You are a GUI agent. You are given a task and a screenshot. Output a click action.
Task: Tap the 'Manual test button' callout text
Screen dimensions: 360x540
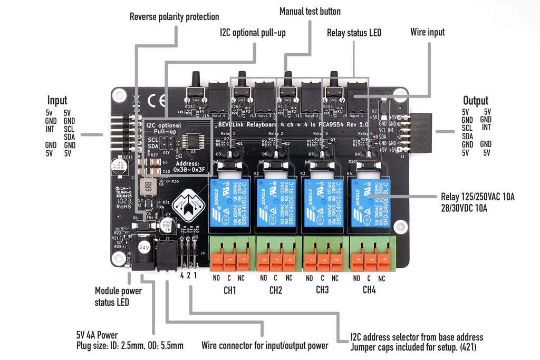[x=310, y=11]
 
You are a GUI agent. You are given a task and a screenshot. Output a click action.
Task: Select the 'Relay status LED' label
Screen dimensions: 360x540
[x=354, y=33]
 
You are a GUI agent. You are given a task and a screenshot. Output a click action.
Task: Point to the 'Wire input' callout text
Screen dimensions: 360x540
[x=427, y=32]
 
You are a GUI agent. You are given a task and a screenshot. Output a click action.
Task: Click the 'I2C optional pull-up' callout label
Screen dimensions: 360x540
[x=253, y=33]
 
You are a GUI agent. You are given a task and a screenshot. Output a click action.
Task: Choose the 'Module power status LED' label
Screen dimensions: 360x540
[x=118, y=296]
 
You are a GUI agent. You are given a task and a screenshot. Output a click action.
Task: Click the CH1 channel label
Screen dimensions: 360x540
[x=230, y=290]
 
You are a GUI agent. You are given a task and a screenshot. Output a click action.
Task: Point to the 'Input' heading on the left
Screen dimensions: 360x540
[x=57, y=100]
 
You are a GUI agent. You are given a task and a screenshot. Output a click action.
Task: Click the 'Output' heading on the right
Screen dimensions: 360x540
[x=476, y=100]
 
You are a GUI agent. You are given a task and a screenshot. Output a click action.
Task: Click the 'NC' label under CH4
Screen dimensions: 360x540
[x=382, y=278]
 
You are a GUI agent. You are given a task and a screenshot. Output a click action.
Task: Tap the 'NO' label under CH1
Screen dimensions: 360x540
[x=216, y=278]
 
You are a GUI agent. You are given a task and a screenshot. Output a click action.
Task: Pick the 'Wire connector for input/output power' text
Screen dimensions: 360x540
[x=265, y=346]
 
